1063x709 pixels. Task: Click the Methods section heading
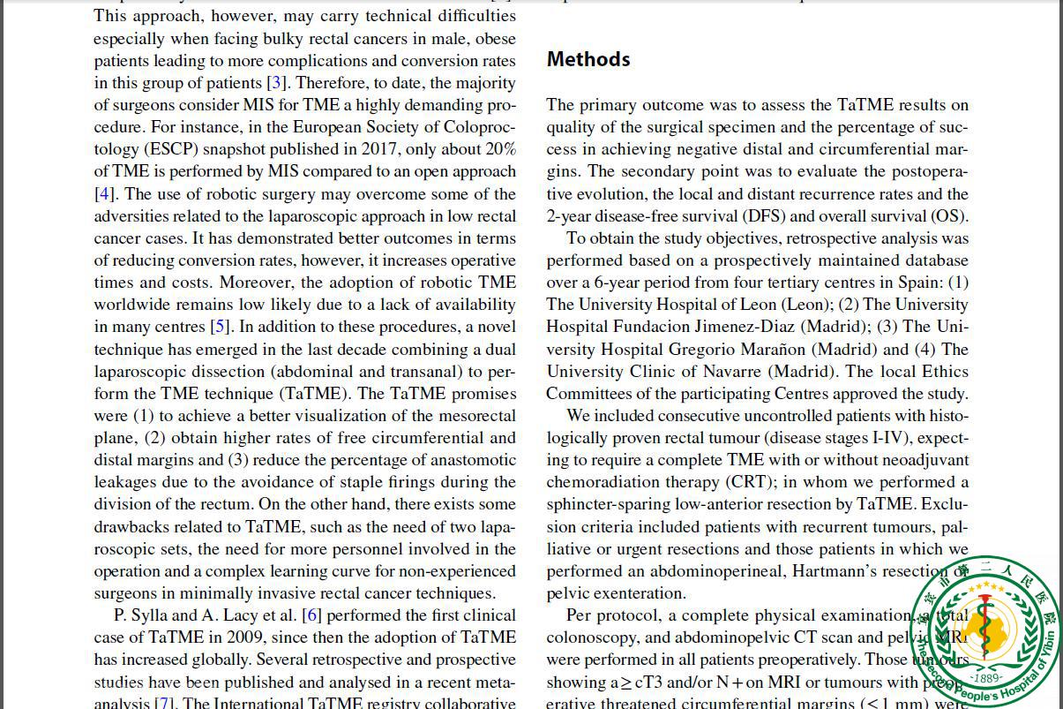(588, 59)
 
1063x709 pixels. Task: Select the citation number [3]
(277, 83)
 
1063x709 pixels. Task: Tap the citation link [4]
(104, 194)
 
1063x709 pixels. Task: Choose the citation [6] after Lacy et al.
(311, 615)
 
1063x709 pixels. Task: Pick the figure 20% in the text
(498, 149)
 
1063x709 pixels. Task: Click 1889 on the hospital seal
(986, 678)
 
